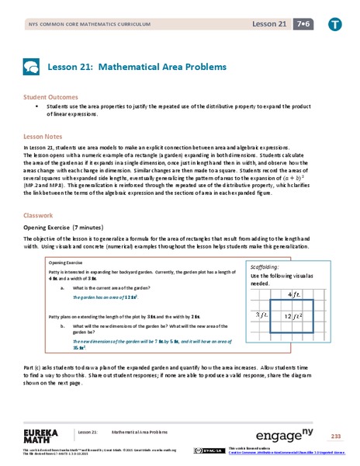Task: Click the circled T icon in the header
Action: coord(334,24)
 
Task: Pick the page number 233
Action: coord(335,436)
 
